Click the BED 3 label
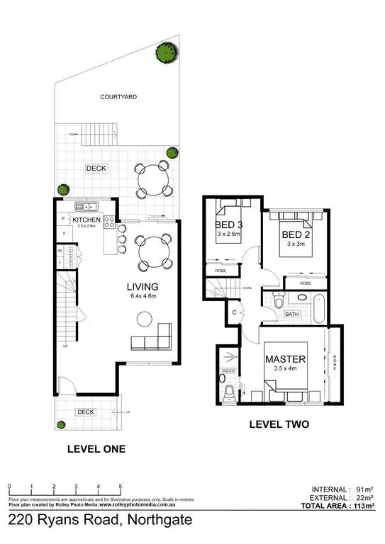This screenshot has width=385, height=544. pyautogui.click(x=228, y=227)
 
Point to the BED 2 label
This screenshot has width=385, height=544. pyautogui.click(x=293, y=234)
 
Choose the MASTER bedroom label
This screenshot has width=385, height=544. pyautogui.click(x=285, y=360)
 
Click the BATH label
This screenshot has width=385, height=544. pyautogui.click(x=292, y=314)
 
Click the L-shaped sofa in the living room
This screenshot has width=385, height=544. pyautogui.click(x=152, y=340)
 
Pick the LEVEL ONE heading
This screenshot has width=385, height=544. pyautogui.click(x=96, y=449)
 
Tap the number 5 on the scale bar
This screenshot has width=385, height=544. pyautogui.click(x=121, y=487)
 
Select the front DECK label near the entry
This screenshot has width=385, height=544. pyautogui.click(x=86, y=412)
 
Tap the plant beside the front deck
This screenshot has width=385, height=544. pyautogui.click(x=62, y=425)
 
